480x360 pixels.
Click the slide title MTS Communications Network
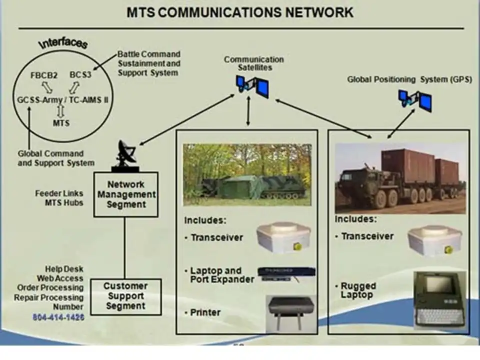pos(240,12)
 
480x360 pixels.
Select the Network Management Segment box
pos(126,194)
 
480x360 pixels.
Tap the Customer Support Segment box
pos(125,296)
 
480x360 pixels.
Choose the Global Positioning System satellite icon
pos(415,100)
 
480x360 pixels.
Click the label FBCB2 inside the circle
pos(43,75)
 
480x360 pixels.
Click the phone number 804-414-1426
pos(58,317)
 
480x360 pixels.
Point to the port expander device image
pos(286,273)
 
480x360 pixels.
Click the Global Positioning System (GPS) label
pos(409,79)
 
